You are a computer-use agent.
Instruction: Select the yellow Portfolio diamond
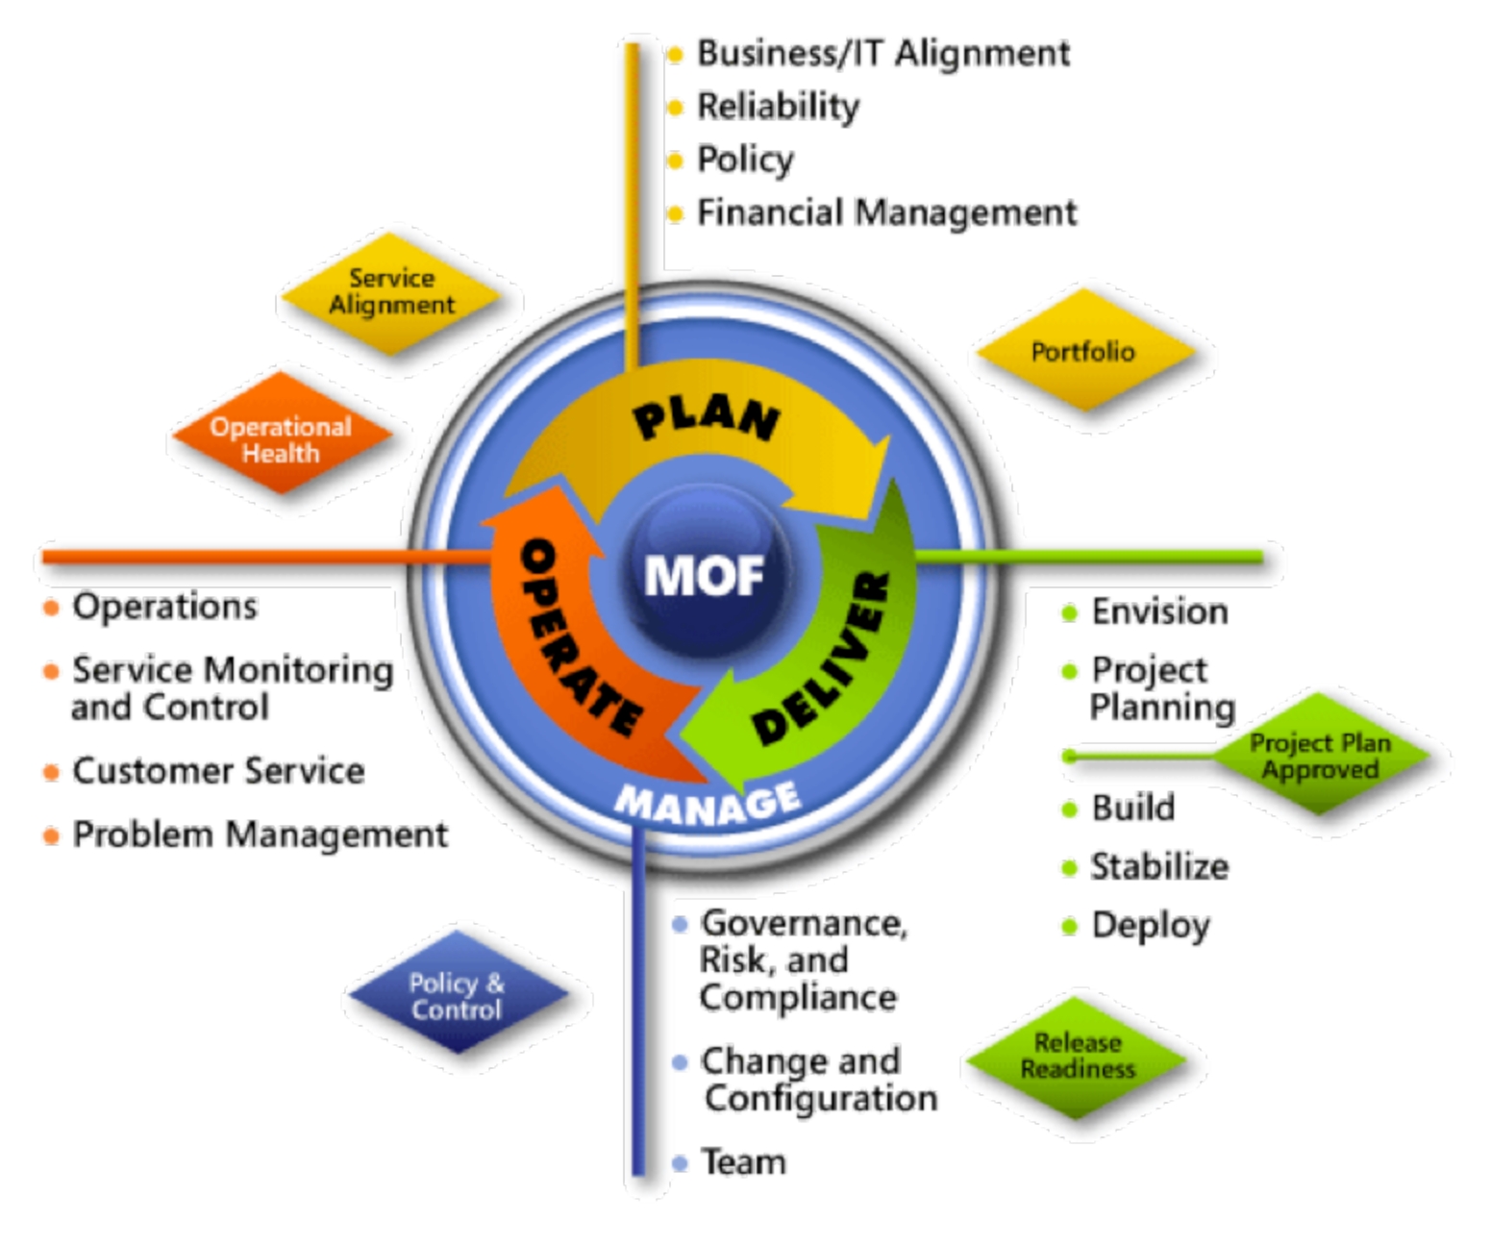point(1085,351)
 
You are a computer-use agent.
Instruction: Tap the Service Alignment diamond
point(391,293)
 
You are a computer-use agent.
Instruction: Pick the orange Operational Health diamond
point(282,433)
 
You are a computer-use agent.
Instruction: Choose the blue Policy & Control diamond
point(457,992)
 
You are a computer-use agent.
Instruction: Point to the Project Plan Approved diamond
point(1320,754)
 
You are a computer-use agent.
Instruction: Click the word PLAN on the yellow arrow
point(707,420)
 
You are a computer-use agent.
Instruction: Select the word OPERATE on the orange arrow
point(580,636)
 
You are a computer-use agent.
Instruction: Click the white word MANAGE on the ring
point(707,804)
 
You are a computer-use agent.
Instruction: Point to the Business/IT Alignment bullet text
point(883,54)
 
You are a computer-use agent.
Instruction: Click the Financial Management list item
point(887,212)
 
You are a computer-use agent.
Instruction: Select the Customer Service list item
point(218,771)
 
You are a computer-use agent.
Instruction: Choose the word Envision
point(1159,611)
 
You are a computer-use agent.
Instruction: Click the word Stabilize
point(1159,867)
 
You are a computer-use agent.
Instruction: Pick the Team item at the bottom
point(743,1161)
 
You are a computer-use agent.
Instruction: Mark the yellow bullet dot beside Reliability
point(675,107)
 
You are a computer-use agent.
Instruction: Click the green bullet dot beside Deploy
point(1069,927)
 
